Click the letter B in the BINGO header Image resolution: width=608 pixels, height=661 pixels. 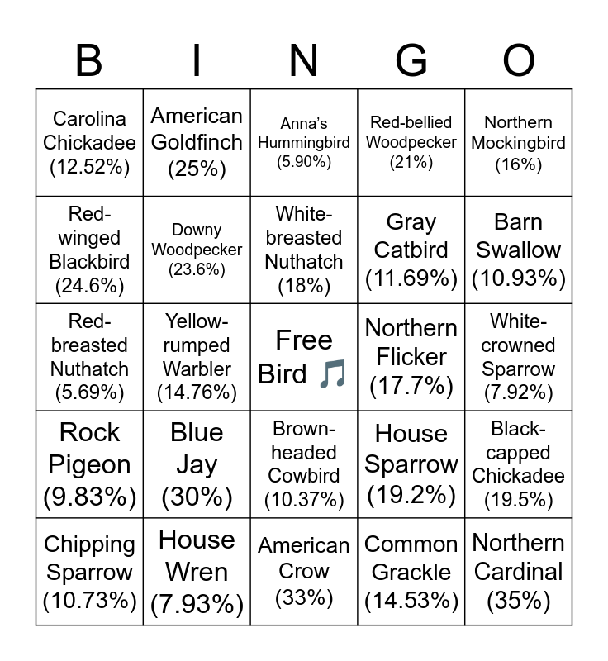tap(89, 61)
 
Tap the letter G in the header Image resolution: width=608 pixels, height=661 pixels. tap(411, 61)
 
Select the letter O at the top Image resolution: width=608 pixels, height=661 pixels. tap(519, 61)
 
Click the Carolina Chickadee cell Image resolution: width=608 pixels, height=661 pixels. tap(89, 143)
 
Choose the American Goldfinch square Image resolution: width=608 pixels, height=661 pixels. tap(197, 143)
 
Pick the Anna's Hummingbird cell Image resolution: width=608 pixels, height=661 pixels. tap(304, 143)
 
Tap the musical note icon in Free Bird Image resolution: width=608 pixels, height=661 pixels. tap(332, 374)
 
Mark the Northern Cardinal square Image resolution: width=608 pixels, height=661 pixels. tap(519, 572)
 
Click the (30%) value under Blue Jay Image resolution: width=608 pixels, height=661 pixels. tap(197, 497)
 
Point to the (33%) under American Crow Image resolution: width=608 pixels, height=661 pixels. tap(304, 597)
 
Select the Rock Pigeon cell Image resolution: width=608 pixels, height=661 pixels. tap(89, 464)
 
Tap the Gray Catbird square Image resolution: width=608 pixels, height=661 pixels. tap(411, 250)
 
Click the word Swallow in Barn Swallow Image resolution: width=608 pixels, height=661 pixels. tap(519, 250)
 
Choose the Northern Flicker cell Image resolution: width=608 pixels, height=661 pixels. tap(411, 357)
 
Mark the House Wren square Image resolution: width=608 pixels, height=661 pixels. tap(197, 572)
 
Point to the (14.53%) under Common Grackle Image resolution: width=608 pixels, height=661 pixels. tap(411, 600)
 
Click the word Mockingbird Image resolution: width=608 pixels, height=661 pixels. tap(519, 143)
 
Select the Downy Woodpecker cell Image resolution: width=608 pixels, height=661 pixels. tap(197, 250)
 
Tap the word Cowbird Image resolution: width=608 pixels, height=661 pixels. tap(304, 476)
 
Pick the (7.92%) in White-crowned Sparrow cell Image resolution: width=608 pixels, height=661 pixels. tap(519, 392)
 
